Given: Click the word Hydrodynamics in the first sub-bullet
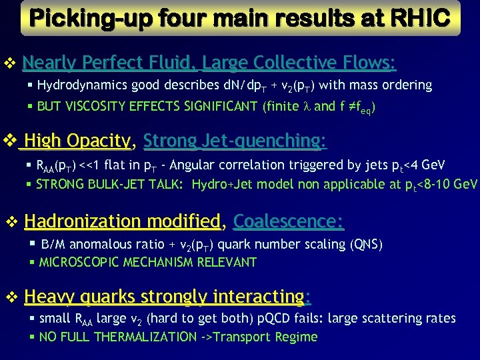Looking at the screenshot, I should pyautogui.click(x=75, y=85).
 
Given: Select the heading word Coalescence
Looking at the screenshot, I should pyautogui.click(x=288, y=221).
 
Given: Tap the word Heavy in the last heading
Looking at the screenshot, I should pyautogui.click(x=45, y=295).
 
